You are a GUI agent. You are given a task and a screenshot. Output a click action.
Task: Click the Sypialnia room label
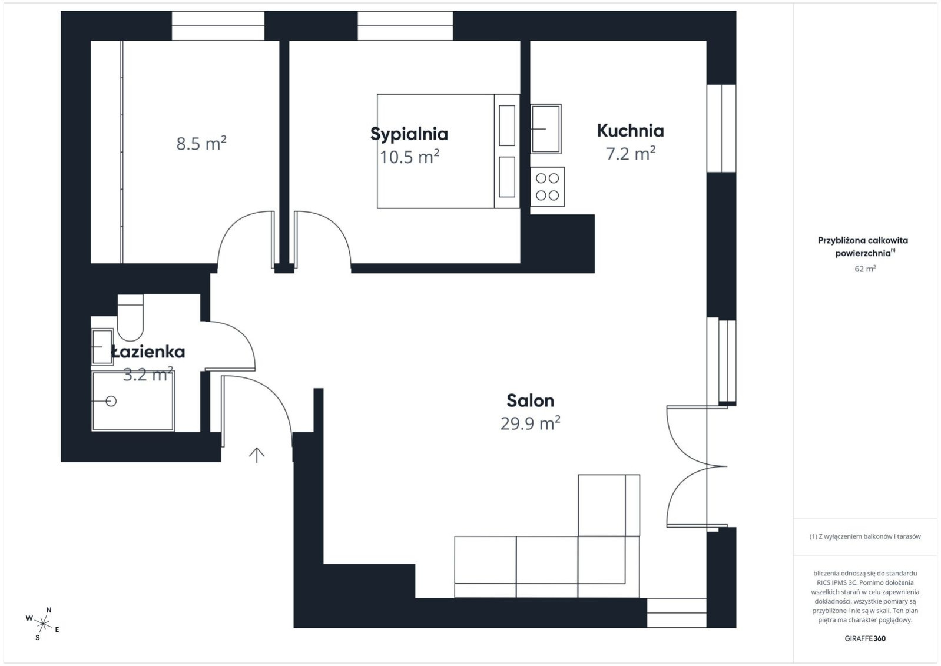(409, 134)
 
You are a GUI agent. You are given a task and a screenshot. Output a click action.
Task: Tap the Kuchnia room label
(630, 131)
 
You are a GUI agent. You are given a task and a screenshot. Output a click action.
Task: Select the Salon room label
(530, 400)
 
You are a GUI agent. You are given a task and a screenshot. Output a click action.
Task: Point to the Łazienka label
(148, 352)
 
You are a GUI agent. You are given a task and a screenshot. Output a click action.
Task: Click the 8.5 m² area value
(201, 143)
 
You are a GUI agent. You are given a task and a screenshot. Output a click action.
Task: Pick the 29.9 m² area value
(530, 423)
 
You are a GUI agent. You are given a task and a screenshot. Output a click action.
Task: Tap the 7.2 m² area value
(630, 153)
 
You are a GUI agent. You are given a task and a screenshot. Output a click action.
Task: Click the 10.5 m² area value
(409, 157)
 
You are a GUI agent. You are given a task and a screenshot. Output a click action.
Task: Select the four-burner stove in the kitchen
(548, 187)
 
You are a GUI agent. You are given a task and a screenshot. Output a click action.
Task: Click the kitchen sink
(546, 128)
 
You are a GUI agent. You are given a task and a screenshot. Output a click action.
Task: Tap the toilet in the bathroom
(130, 317)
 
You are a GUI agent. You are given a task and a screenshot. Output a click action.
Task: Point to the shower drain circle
(111, 401)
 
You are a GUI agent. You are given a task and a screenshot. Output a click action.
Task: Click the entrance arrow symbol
(257, 455)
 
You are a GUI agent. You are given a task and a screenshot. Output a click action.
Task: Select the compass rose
(42, 624)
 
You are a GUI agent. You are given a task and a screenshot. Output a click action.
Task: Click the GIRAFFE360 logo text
(865, 638)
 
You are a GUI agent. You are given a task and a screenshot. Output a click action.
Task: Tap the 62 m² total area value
(865, 269)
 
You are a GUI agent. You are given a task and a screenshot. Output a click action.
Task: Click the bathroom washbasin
(102, 347)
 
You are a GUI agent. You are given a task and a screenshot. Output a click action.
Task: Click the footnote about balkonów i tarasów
(865, 536)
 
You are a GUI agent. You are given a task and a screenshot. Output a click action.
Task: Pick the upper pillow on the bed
(507, 125)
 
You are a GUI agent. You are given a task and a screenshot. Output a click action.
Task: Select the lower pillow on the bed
(507, 177)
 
